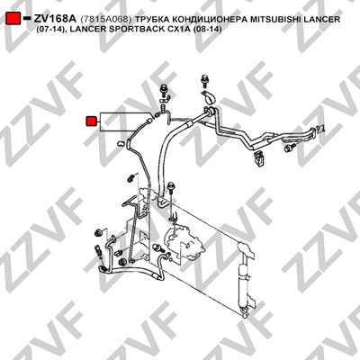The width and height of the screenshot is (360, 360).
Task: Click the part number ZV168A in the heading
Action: [x=56, y=19]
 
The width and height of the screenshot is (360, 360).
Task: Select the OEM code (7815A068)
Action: [x=106, y=20]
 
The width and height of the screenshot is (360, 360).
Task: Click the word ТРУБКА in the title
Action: [x=152, y=20]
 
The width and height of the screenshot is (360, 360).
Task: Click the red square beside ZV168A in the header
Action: [x=13, y=19]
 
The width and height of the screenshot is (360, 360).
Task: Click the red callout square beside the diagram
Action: [x=91, y=121]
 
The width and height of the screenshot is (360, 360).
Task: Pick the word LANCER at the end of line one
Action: [x=321, y=20]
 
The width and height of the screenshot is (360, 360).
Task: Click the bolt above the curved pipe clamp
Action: [x=205, y=80]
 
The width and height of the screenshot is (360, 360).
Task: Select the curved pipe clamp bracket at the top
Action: [x=210, y=97]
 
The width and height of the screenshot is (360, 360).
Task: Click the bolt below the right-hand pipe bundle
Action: [x=291, y=148]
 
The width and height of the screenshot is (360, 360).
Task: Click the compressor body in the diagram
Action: [x=183, y=240]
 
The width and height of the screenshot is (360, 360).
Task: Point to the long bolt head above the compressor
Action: [x=171, y=185]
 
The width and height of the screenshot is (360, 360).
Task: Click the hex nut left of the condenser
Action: [x=98, y=232]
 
